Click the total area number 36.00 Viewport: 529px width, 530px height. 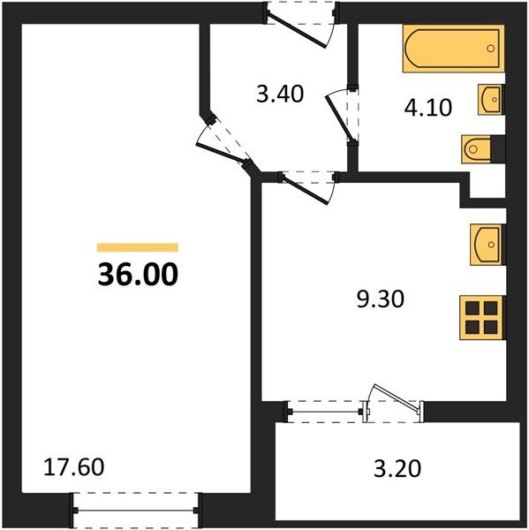coord(137,275)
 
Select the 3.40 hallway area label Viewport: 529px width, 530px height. coord(280,94)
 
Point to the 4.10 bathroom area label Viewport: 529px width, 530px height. coord(427,108)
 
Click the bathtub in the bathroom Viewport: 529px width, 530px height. coord(453,49)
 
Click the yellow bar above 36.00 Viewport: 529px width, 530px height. coord(137,247)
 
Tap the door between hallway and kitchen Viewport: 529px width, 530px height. coord(306,183)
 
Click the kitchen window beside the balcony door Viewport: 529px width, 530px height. coord(326,408)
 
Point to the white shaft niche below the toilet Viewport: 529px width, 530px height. coord(487,182)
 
